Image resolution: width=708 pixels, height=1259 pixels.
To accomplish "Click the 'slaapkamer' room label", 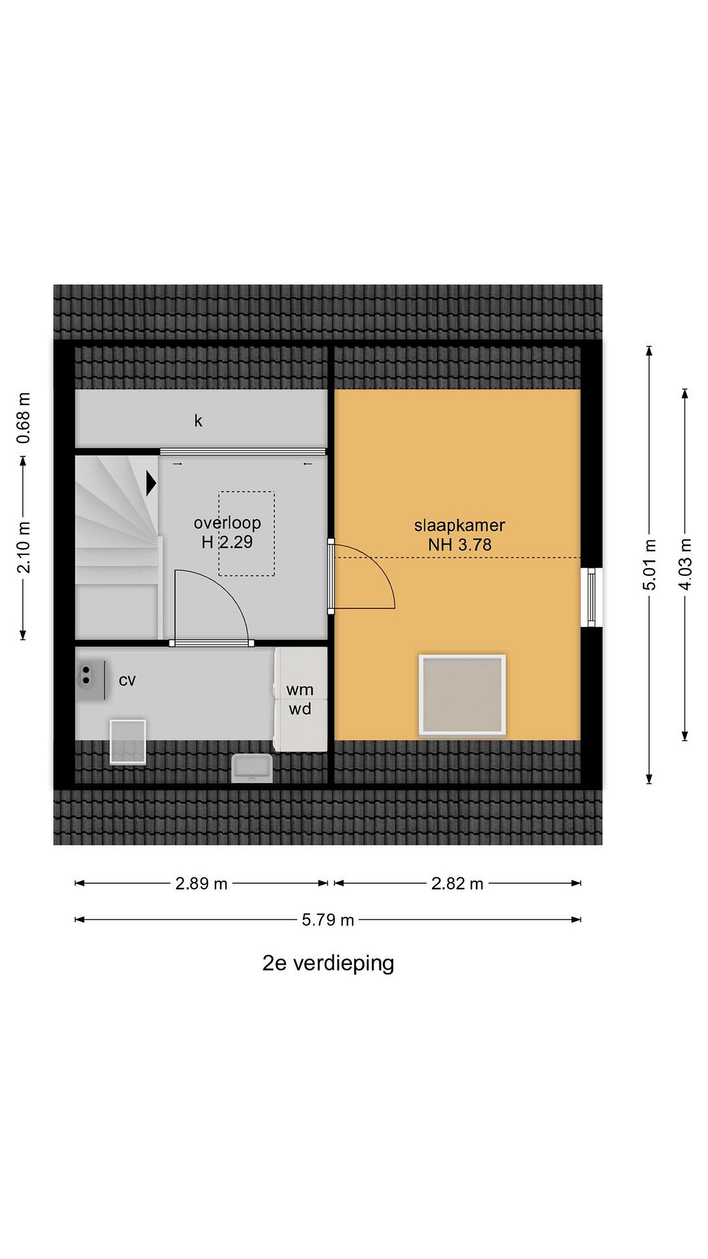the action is click(459, 526).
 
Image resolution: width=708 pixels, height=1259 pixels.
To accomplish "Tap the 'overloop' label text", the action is click(227, 523).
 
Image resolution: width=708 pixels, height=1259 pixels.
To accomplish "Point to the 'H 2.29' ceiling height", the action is click(227, 542).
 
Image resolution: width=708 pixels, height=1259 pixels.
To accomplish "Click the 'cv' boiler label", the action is click(127, 681).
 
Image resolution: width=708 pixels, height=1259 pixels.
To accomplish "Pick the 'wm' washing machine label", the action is click(299, 690).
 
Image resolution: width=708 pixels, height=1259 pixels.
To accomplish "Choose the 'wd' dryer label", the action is click(299, 709).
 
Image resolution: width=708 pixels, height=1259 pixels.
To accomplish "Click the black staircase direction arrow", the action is click(151, 483).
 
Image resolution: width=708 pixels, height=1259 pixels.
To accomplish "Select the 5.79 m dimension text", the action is click(327, 920).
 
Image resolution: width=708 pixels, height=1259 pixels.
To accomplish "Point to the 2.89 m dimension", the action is click(201, 883).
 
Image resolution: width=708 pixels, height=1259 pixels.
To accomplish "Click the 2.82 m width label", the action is click(457, 883).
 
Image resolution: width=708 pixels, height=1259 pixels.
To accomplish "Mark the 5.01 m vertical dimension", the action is click(649, 564).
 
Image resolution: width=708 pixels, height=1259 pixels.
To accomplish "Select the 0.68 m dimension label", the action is click(24, 418).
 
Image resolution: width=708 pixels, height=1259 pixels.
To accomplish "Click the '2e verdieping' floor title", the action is click(328, 963).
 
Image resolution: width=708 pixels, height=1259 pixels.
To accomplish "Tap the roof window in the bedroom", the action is click(462, 695).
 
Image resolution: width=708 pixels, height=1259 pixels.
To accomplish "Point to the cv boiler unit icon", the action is click(92, 680).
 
